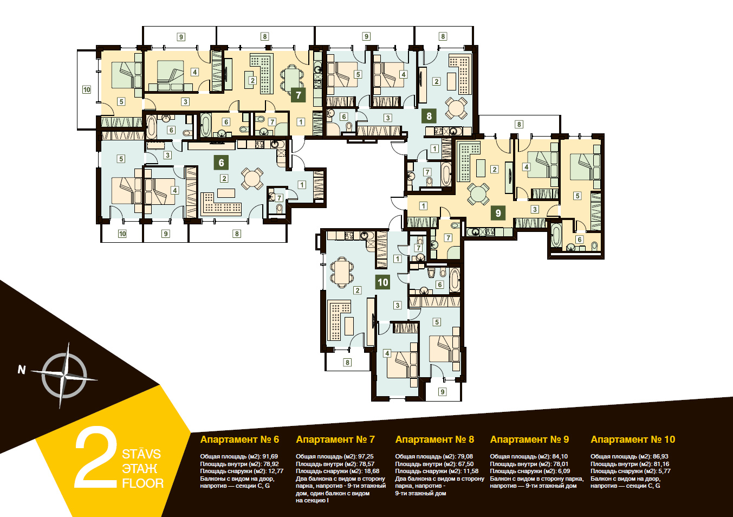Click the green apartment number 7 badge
point(298,95)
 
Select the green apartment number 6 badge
point(221,163)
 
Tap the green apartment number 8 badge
point(429,116)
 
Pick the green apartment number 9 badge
point(498,213)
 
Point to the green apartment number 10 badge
point(383,282)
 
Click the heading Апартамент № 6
point(239,440)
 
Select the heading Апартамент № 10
point(633,440)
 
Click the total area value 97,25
point(366,456)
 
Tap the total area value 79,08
point(465,456)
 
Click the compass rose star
point(64,376)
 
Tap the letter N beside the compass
point(22,370)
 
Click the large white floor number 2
point(96,457)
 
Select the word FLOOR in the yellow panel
point(142,483)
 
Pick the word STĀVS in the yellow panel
point(141,454)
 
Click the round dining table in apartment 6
point(251,179)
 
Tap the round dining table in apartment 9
point(478,194)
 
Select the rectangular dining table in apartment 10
point(342,273)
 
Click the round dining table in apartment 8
point(456,108)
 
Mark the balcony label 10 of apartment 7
point(86,89)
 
